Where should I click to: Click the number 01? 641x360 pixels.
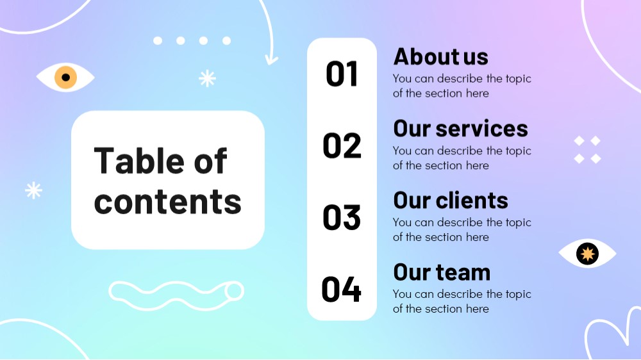pos(342,74)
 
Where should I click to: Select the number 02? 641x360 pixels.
pos(342,145)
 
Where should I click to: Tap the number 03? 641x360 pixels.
pos(342,217)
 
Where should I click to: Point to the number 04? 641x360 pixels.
pos(342,290)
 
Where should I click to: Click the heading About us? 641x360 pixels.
pos(441,56)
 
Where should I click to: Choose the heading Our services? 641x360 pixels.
pos(461,128)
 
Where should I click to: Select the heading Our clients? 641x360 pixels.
pos(451,200)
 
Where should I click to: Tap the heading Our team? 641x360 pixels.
pos(442,272)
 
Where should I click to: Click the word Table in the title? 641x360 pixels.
pos(140,161)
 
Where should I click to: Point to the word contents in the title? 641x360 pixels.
pos(167,201)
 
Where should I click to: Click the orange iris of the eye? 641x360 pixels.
pos(66,77)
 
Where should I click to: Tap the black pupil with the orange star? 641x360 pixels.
pos(587,254)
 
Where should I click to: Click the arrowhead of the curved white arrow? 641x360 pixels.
pos(271,60)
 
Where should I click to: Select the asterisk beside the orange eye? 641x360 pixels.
pos(207,78)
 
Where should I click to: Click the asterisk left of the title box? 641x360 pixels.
pos(33,190)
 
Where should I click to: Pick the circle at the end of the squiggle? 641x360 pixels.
pos(234,291)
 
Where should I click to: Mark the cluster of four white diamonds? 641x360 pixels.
pos(587,149)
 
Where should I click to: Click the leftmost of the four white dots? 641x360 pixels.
pos(158,40)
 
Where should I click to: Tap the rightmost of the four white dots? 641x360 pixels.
pos(226,40)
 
